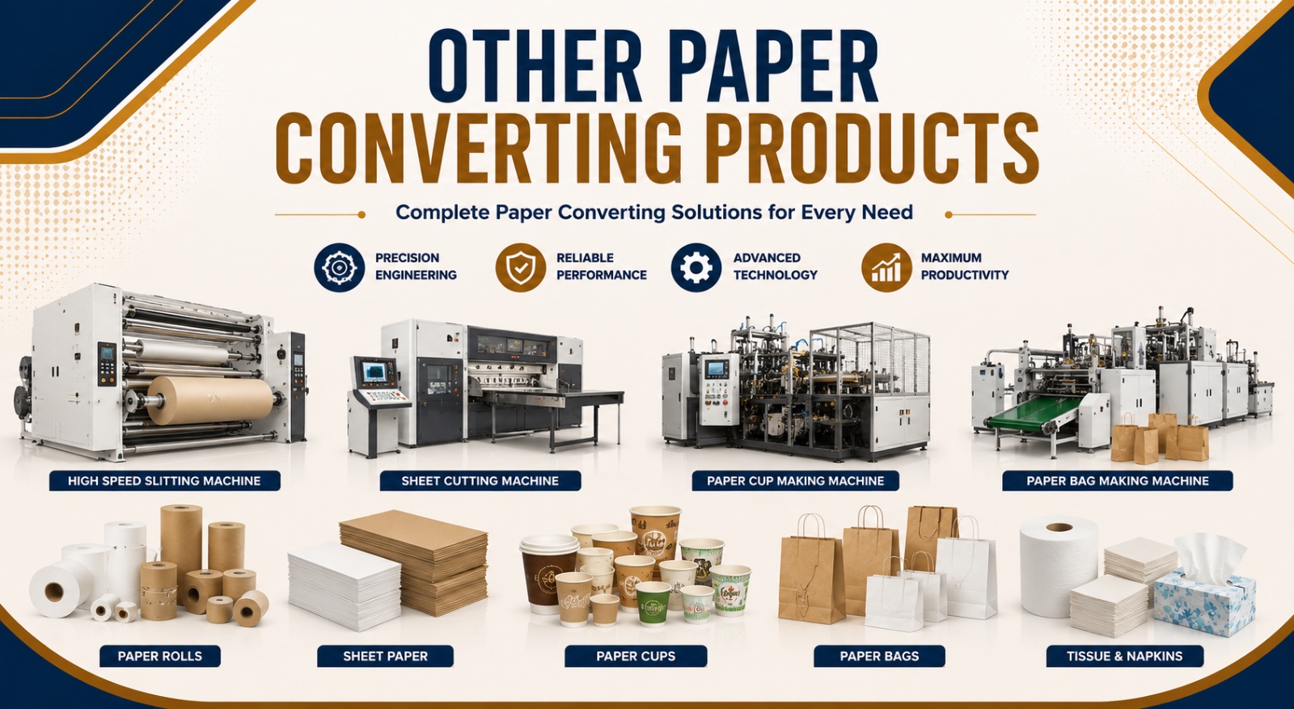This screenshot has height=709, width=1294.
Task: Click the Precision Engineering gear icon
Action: tap(339, 268)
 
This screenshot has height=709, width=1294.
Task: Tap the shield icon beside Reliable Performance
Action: tap(521, 268)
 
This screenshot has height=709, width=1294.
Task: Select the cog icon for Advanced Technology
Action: tap(696, 268)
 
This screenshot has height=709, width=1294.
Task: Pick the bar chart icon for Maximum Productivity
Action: tap(886, 268)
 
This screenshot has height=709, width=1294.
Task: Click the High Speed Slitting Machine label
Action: tap(165, 481)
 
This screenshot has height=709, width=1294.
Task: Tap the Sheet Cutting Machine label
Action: tap(480, 481)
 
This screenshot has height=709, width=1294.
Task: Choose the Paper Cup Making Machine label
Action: tap(796, 481)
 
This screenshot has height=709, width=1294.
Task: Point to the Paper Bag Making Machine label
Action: tap(1118, 481)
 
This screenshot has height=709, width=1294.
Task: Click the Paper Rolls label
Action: tap(160, 656)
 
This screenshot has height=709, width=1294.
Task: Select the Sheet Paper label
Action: tap(385, 656)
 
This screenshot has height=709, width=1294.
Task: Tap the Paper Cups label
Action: tap(636, 656)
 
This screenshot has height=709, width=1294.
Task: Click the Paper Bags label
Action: tap(879, 656)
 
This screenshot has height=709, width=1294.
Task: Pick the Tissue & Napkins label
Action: tap(1125, 656)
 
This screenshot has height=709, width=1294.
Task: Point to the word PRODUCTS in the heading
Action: tap(873, 148)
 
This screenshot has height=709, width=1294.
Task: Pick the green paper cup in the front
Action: tap(653, 603)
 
